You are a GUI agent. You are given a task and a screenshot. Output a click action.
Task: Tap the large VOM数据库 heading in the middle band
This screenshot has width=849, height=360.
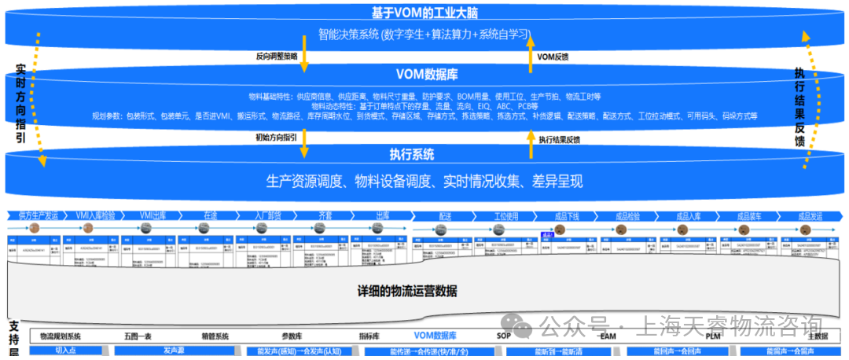coord(427,75)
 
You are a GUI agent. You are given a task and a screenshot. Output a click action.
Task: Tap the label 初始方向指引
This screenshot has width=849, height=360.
coord(276,138)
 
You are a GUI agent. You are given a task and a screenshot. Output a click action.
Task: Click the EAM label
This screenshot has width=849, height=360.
coord(608,336)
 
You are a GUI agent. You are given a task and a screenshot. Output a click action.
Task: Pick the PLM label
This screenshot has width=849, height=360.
coord(713,336)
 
